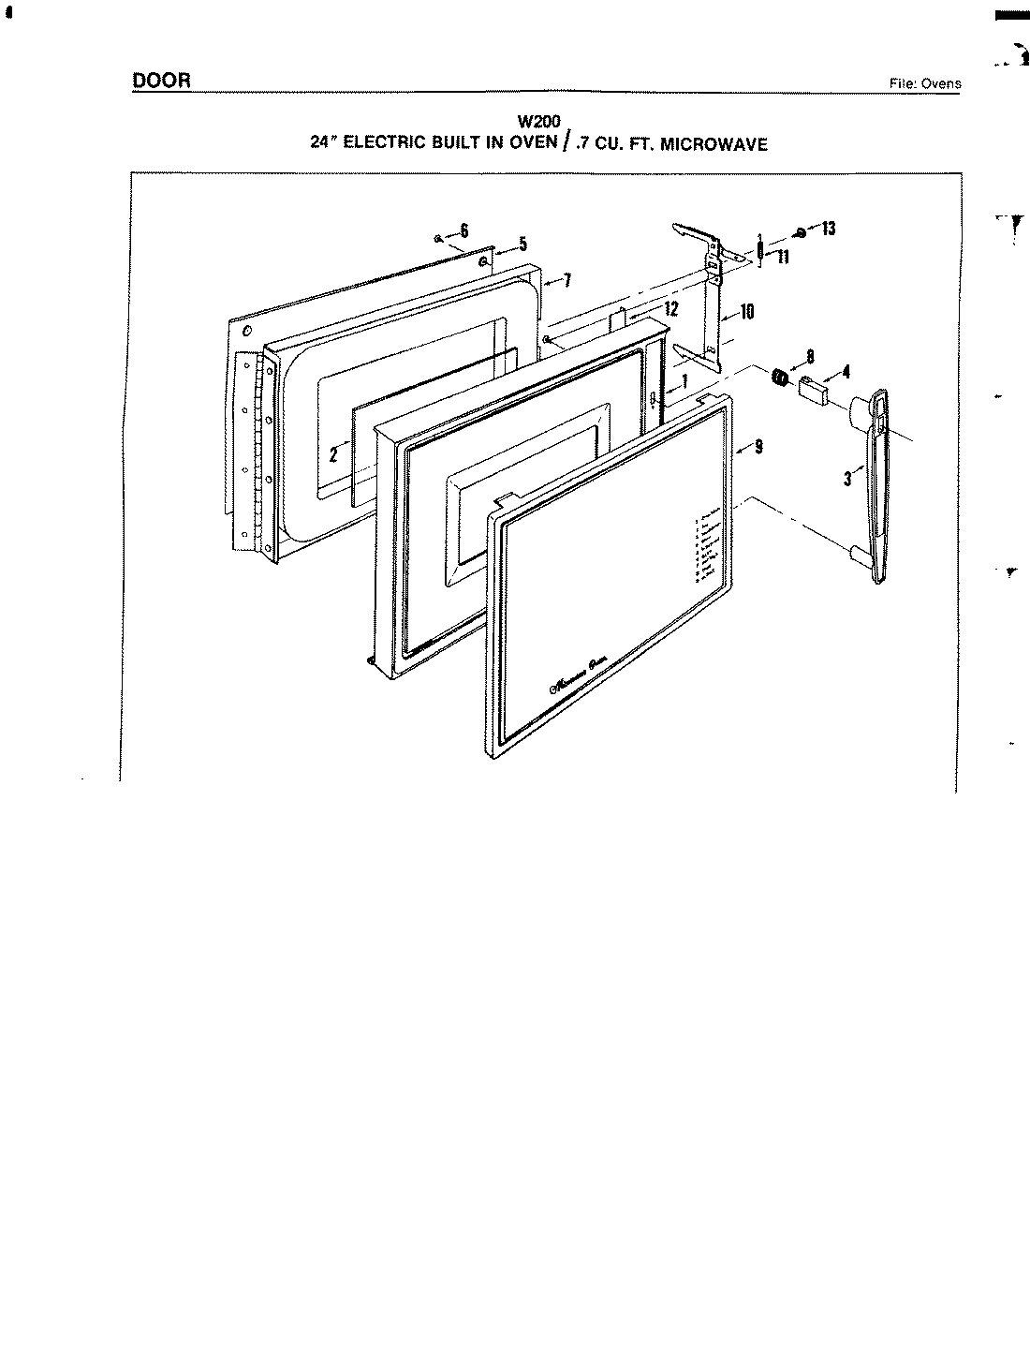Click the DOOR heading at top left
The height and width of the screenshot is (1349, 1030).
[x=161, y=81]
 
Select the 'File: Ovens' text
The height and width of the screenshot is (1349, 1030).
[x=925, y=83]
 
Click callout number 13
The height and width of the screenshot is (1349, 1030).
[x=828, y=229]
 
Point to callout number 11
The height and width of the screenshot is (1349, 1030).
[x=782, y=258]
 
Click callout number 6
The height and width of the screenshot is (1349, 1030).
[x=464, y=231]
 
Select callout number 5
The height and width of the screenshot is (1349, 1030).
[x=522, y=245]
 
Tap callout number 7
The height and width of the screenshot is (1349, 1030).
[x=566, y=279]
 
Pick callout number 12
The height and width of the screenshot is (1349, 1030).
[x=670, y=308]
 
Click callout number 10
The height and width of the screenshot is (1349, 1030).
[x=747, y=312]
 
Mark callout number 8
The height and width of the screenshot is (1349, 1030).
[x=810, y=356]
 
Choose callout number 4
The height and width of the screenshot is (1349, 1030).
[x=846, y=372]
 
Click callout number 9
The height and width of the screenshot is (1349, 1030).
[x=758, y=447]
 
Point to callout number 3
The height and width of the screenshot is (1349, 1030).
[x=846, y=478]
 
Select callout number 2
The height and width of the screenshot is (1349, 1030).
[x=332, y=456]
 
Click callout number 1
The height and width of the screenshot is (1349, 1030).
[x=684, y=381]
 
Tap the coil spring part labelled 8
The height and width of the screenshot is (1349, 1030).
[x=777, y=378]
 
